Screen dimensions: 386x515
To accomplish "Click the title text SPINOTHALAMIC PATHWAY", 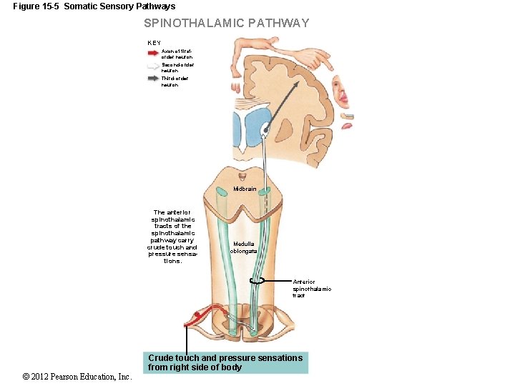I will tap(226, 23).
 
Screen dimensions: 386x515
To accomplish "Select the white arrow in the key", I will tap(153, 66).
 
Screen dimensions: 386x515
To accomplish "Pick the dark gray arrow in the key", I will tap(153, 79).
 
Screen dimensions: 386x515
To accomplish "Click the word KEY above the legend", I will tap(154, 43).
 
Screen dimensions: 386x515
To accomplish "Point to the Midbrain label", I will tap(244, 189).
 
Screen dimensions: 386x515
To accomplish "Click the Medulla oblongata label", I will tap(242, 247).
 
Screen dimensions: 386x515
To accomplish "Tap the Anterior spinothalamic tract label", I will tap(312, 289).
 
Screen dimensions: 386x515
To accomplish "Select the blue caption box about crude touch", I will tap(225, 362).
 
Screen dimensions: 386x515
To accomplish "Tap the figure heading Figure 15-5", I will tap(94, 6).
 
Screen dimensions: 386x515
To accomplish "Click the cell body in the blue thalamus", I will tap(266, 129).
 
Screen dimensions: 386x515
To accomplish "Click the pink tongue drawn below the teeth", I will tap(347, 126).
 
